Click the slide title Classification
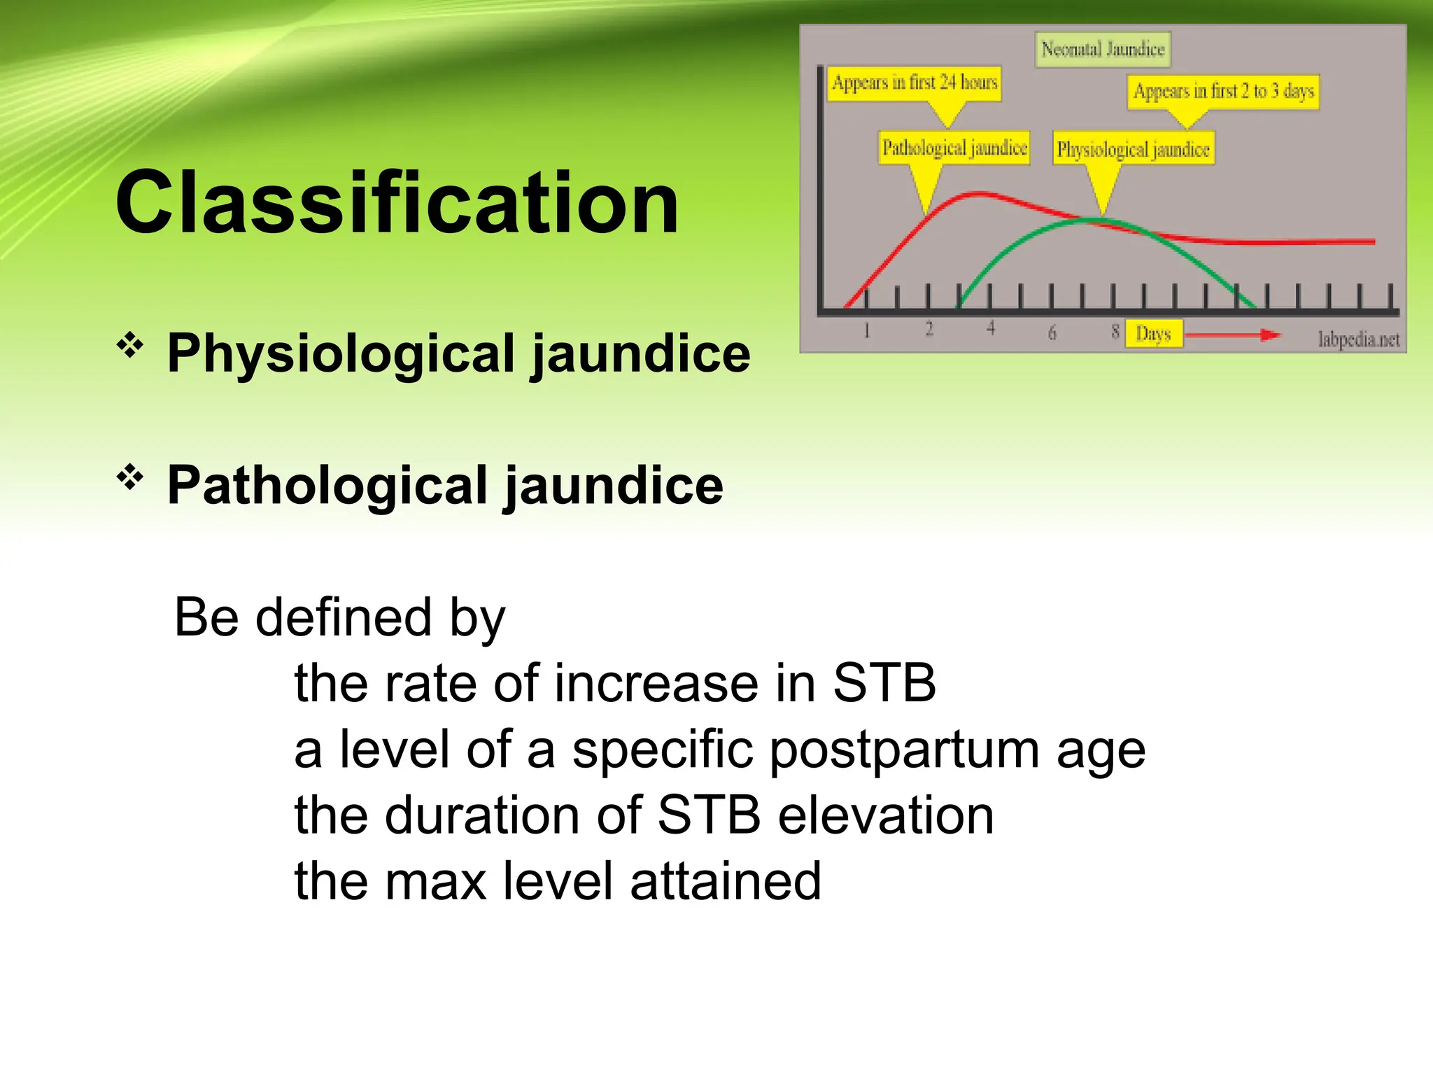click(x=397, y=203)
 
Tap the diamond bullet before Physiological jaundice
click(x=130, y=345)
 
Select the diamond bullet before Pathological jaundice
click(x=130, y=478)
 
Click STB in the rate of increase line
click(x=884, y=683)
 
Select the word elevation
click(x=885, y=815)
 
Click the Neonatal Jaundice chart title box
click(x=1103, y=50)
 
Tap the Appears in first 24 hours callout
click(x=914, y=83)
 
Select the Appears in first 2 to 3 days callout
click(x=1223, y=92)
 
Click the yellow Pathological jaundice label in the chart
click(x=954, y=148)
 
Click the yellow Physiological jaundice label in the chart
click(x=1133, y=150)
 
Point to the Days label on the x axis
click(x=1153, y=334)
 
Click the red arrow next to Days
click(x=1231, y=335)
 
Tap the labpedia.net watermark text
click(x=1358, y=339)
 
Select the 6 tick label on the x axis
click(x=1052, y=333)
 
